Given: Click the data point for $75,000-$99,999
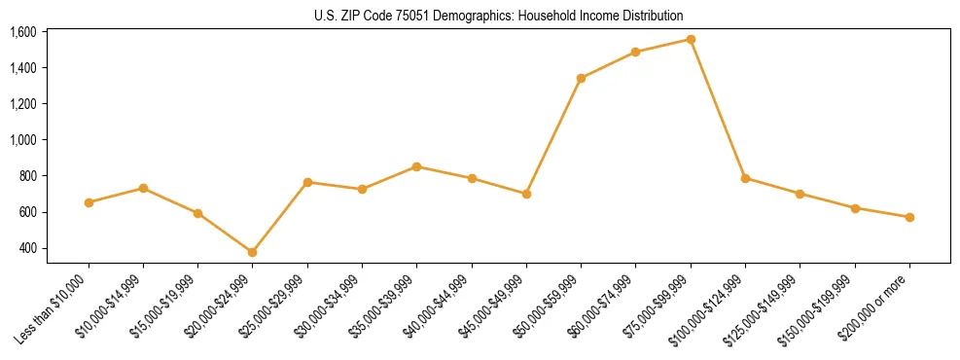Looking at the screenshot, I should click(691, 39).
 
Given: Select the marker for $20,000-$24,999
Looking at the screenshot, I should click(253, 252).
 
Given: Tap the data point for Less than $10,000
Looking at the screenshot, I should click(89, 202).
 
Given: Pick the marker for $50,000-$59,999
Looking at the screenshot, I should click(581, 78).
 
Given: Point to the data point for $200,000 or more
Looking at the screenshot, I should click(909, 217).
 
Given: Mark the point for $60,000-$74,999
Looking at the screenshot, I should click(635, 52).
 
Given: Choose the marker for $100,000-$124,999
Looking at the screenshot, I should click(745, 178).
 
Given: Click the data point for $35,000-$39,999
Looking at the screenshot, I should click(417, 166).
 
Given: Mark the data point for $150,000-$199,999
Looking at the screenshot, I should click(855, 208).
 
